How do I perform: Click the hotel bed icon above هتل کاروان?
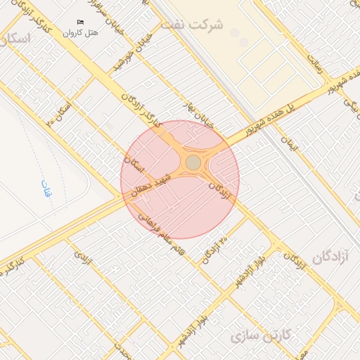[79, 22]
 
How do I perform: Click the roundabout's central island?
[193, 163]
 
